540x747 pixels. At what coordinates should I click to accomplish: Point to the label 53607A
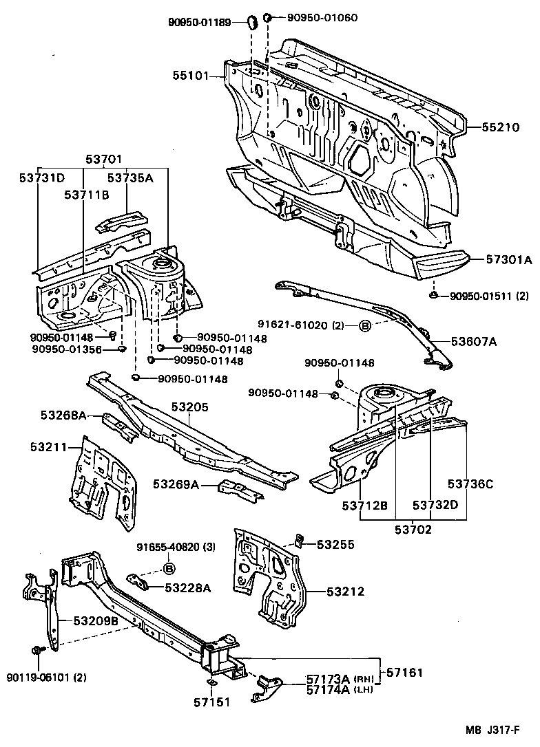click(475, 340)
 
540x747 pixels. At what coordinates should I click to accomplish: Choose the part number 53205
click(189, 408)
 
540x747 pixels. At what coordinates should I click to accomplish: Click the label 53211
click(48, 447)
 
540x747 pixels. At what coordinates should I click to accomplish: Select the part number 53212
click(345, 592)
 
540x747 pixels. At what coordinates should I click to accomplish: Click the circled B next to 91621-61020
click(364, 325)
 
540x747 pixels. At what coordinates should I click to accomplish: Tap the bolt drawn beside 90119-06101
click(37, 649)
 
